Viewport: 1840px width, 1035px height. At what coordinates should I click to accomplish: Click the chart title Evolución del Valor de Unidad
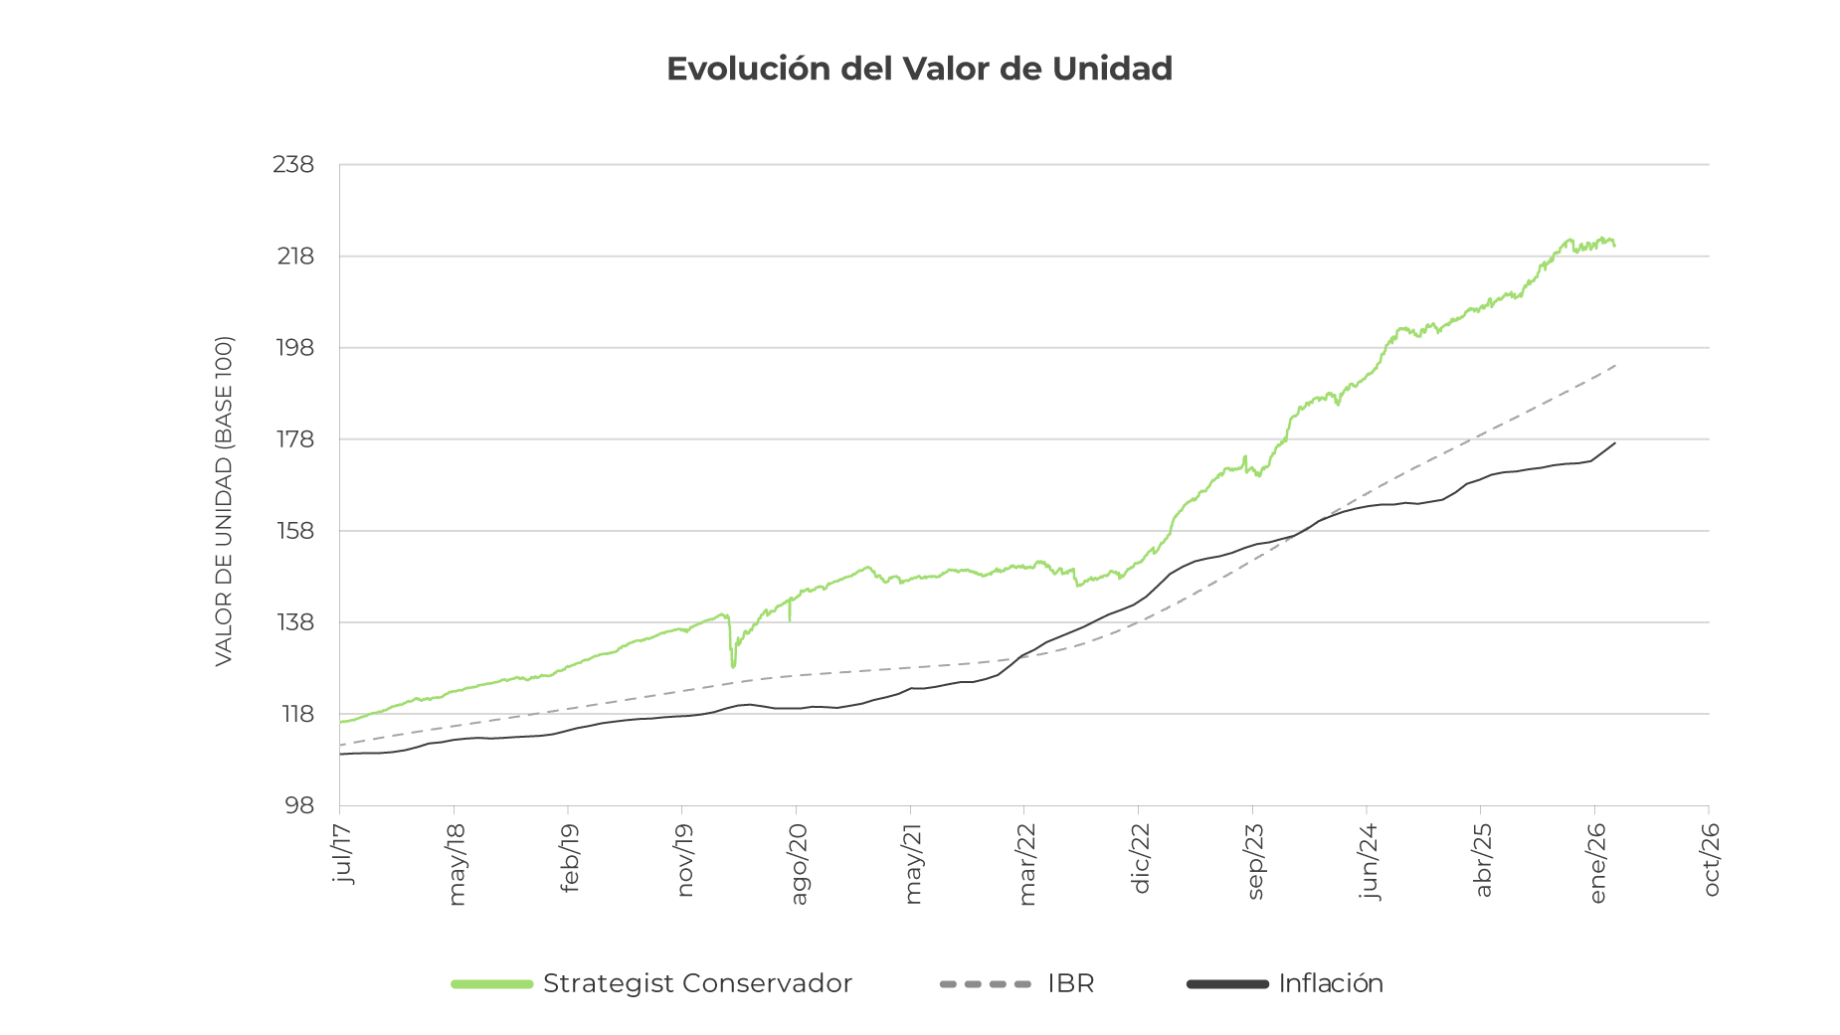tap(919, 69)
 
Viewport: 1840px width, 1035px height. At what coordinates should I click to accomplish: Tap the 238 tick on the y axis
tap(293, 164)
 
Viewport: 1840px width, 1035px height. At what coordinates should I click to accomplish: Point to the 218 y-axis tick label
tap(294, 257)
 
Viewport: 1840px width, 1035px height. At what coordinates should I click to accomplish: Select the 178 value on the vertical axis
tap(294, 439)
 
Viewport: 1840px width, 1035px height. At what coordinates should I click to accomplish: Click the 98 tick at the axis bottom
tap(298, 805)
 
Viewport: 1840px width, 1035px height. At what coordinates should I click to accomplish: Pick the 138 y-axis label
tap(294, 622)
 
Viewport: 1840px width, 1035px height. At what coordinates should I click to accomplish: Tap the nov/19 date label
tap(684, 860)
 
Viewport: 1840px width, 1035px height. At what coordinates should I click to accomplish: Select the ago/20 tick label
tap(799, 863)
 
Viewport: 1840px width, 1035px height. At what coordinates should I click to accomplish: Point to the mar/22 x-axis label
tap(1027, 864)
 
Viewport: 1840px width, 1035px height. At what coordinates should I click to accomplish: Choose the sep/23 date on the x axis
tap(1255, 862)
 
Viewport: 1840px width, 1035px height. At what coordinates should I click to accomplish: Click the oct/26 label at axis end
tap(1712, 860)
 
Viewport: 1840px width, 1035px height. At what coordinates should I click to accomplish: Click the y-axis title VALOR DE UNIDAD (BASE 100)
tap(224, 501)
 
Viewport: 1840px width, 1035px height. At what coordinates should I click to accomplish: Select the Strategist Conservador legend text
tap(697, 983)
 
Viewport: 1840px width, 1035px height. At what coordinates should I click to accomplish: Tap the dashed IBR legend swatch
tap(985, 984)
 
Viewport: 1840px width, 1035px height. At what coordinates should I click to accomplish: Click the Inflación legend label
tap(1331, 983)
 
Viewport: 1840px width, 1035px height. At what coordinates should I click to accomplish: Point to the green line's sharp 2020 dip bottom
tap(733, 666)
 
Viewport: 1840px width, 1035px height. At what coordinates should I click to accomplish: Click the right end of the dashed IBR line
tap(1615, 365)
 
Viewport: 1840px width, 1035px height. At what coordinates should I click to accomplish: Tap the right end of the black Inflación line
tap(1614, 443)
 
